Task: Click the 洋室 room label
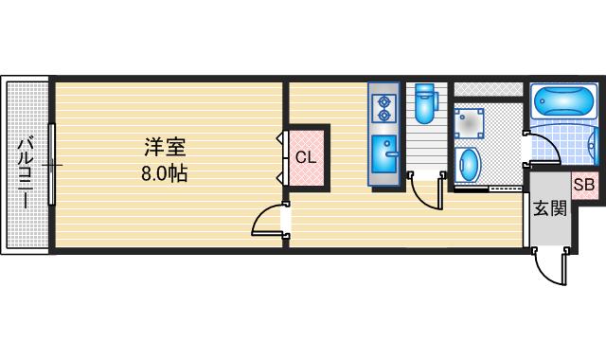click(164, 148)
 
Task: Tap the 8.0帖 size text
click(164, 174)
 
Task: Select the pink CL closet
click(305, 158)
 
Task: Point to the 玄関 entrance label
click(549, 208)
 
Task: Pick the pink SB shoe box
click(583, 185)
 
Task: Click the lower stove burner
click(385, 116)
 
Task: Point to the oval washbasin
click(469, 164)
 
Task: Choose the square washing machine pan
click(469, 123)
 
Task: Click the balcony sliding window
click(54, 166)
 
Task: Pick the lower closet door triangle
click(281, 176)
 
